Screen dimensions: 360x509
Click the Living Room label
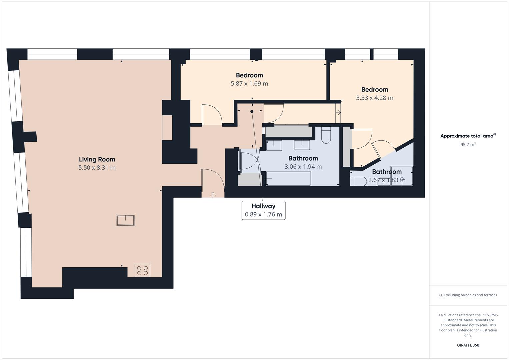[x=97, y=159]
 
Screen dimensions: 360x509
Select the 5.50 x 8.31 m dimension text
[x=97, y=168]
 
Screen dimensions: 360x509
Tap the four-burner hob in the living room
[x=142, y=270]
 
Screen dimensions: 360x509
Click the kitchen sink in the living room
[x=125, y=220]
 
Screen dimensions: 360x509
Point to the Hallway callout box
[x=263, y=210]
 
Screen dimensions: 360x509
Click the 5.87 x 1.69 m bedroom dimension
[x=249, y=84]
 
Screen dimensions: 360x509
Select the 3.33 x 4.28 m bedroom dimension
[x=374, y=98]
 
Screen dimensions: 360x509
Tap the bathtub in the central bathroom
[x=288, y=179]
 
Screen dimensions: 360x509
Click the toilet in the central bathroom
[x=326, y=135]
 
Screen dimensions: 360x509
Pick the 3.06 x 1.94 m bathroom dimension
[x=303, y=167]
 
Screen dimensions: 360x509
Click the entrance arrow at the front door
[x=213, y=194]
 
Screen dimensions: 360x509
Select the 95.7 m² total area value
[x=468, y=145]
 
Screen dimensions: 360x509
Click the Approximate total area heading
[x=468, y=136]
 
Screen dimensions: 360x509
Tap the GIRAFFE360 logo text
[x=468, y=345]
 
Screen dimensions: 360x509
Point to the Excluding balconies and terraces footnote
[x=468, y=295]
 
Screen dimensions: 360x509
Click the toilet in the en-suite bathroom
[x=357, y=181]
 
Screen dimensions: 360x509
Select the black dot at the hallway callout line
[x=252, y=111]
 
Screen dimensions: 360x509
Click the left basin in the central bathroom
[x=274, y=145]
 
